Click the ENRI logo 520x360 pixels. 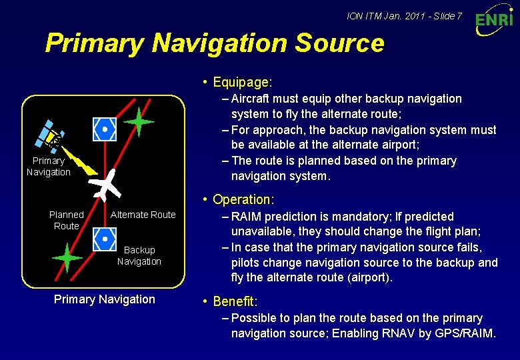494,19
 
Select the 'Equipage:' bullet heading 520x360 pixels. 242,83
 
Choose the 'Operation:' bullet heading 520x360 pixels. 243,199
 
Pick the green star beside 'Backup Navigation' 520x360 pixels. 67,257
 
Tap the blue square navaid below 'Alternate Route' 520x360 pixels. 105,237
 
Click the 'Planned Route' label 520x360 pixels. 67,220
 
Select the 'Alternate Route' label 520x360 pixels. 143,215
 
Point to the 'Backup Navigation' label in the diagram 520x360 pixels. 139,255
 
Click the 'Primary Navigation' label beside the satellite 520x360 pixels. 48,167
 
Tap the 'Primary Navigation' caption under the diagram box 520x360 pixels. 104,299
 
